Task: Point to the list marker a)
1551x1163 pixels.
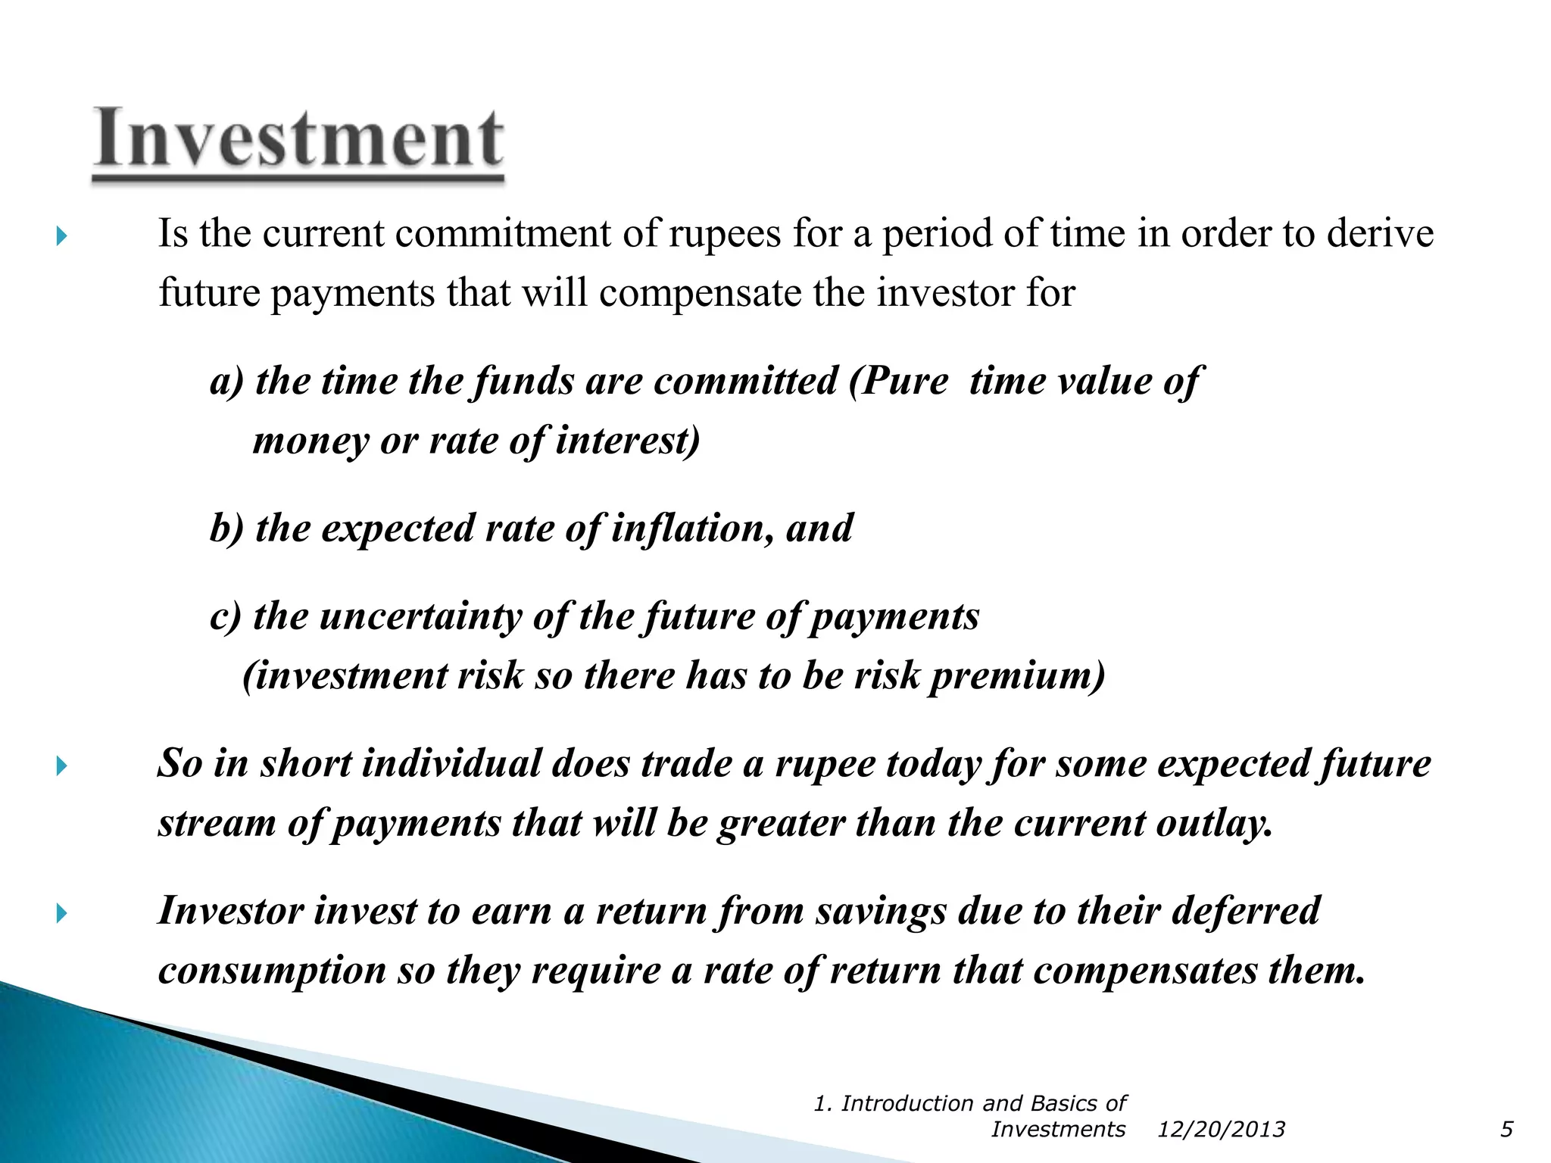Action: (226, 381)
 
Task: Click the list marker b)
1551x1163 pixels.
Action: (226, 528)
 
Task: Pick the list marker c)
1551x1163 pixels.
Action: (225, 616)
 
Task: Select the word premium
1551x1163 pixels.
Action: (1017, 675)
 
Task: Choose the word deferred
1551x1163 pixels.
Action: (1246, 911)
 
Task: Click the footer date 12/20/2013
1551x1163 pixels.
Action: (1221, 1130)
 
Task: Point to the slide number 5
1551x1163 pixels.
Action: (1506, 1130)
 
